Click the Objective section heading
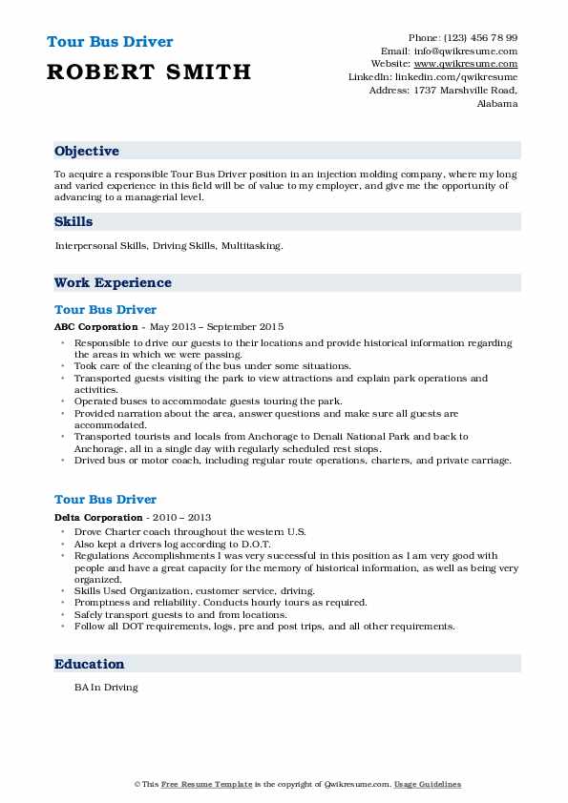point(87,152)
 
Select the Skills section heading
point(74,221)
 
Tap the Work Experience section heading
point(113,282)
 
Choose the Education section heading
point(90,664)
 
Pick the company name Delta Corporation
point(94,516)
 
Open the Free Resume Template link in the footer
point(198,784)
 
